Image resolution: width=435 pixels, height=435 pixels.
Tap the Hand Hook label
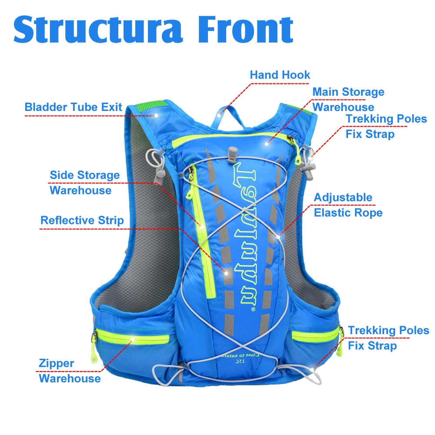coord(280,75)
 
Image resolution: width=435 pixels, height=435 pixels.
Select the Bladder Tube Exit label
coord(74,107)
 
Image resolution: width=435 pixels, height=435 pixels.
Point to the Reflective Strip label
coord(82,220)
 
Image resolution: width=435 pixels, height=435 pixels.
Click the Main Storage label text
coord(348,92)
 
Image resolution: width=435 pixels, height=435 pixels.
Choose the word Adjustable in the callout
coord(343,197)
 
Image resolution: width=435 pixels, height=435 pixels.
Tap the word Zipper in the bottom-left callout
coord(57,363)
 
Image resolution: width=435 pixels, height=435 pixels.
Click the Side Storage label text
coord(85,175)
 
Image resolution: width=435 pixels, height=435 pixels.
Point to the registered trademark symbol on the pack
coord(253,310)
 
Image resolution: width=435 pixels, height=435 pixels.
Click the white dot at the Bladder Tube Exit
coord(155,116)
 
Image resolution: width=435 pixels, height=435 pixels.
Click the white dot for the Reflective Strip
coord(226,273)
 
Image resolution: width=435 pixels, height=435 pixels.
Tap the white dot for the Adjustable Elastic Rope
coord(279,236)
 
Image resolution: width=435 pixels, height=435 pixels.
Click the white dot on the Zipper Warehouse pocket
coord(132,339)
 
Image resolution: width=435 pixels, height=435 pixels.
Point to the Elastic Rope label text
coord(348,213)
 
